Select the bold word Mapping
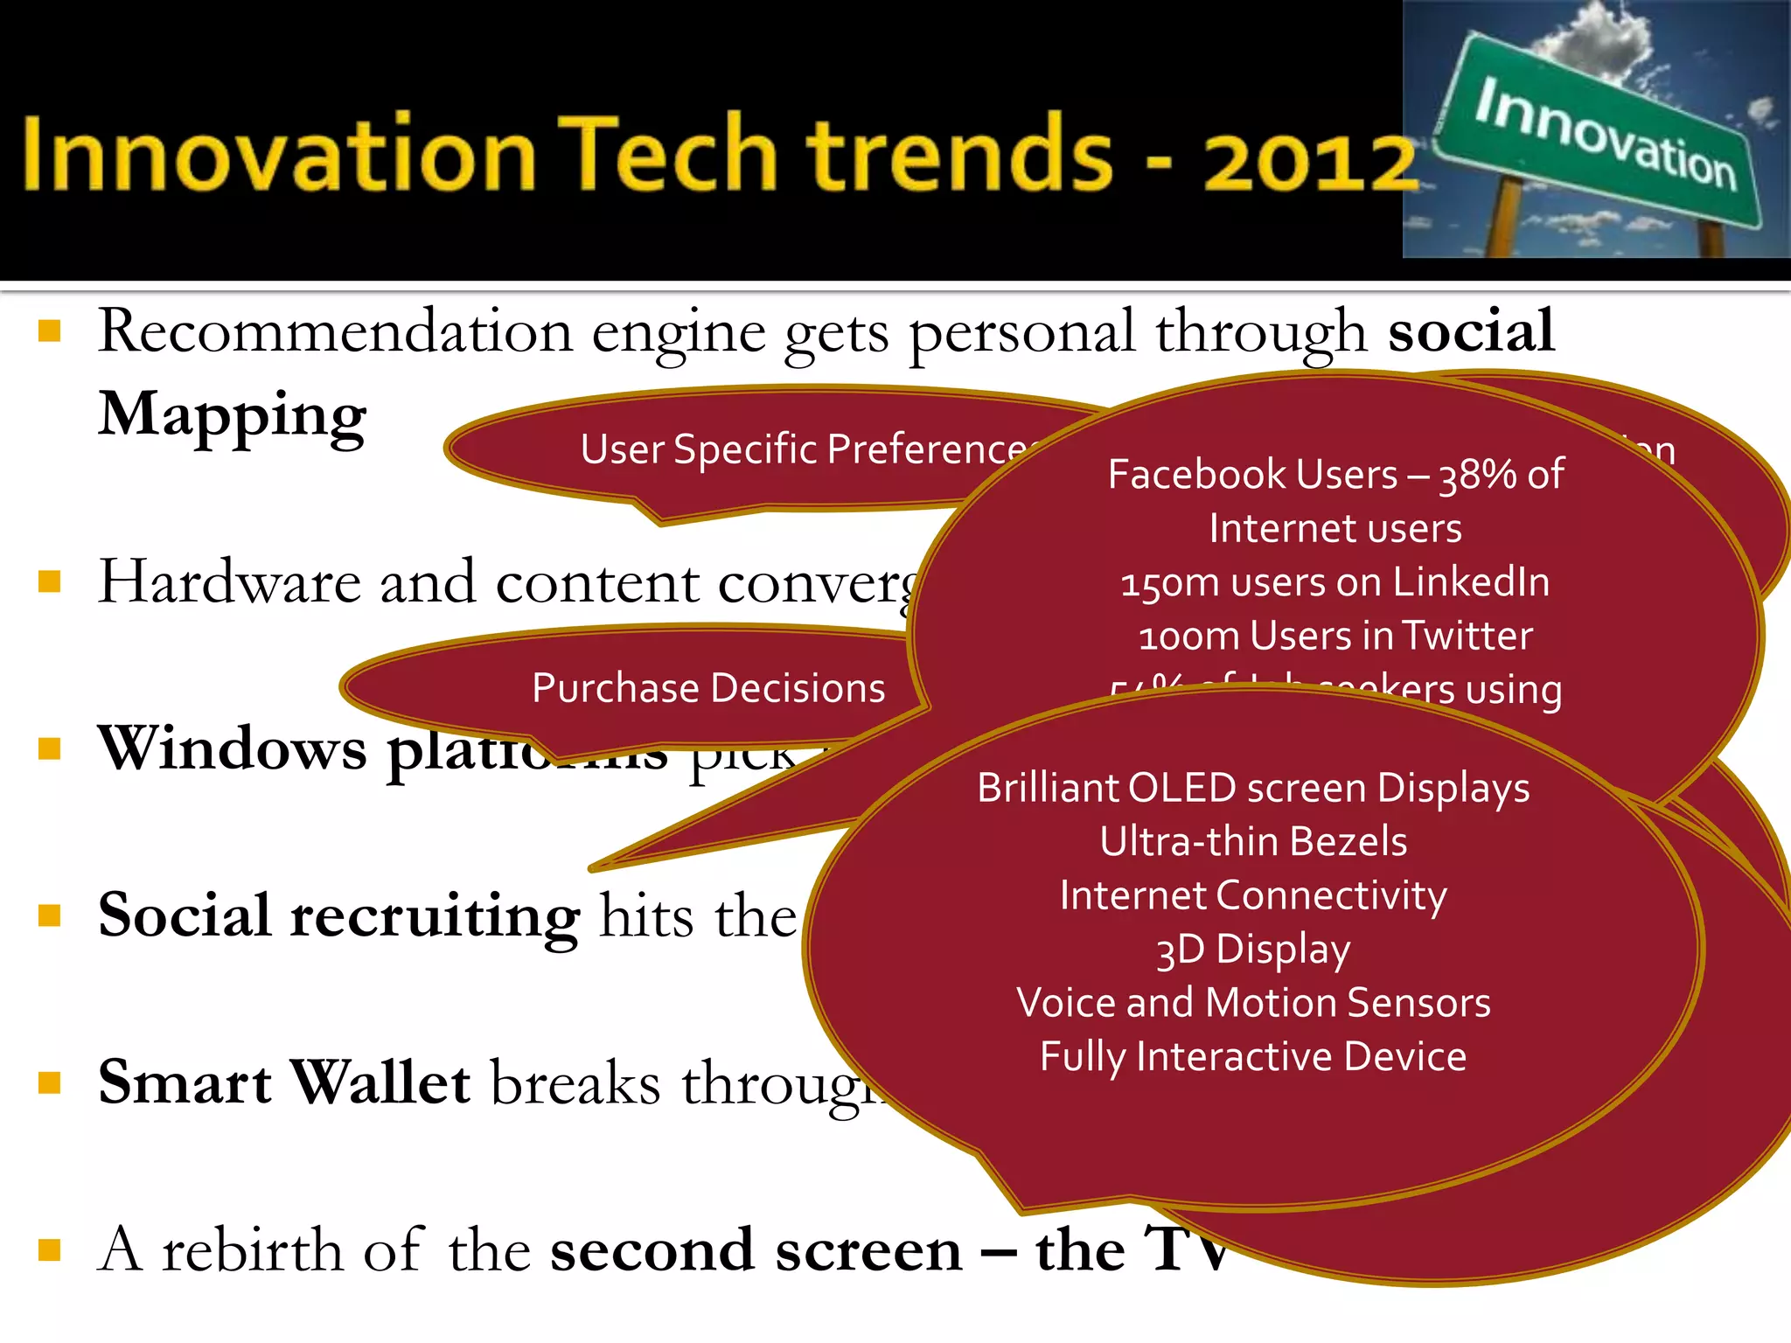232,415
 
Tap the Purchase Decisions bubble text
708,688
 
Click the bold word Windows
232,749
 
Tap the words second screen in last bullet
756,1250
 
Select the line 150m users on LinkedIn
1335,582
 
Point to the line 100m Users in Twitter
1335,636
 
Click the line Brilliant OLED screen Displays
1252,788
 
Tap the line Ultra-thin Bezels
1252,841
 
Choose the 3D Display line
1252,950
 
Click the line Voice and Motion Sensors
1252,1003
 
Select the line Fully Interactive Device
1252,1056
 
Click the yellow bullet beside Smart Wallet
50,1083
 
